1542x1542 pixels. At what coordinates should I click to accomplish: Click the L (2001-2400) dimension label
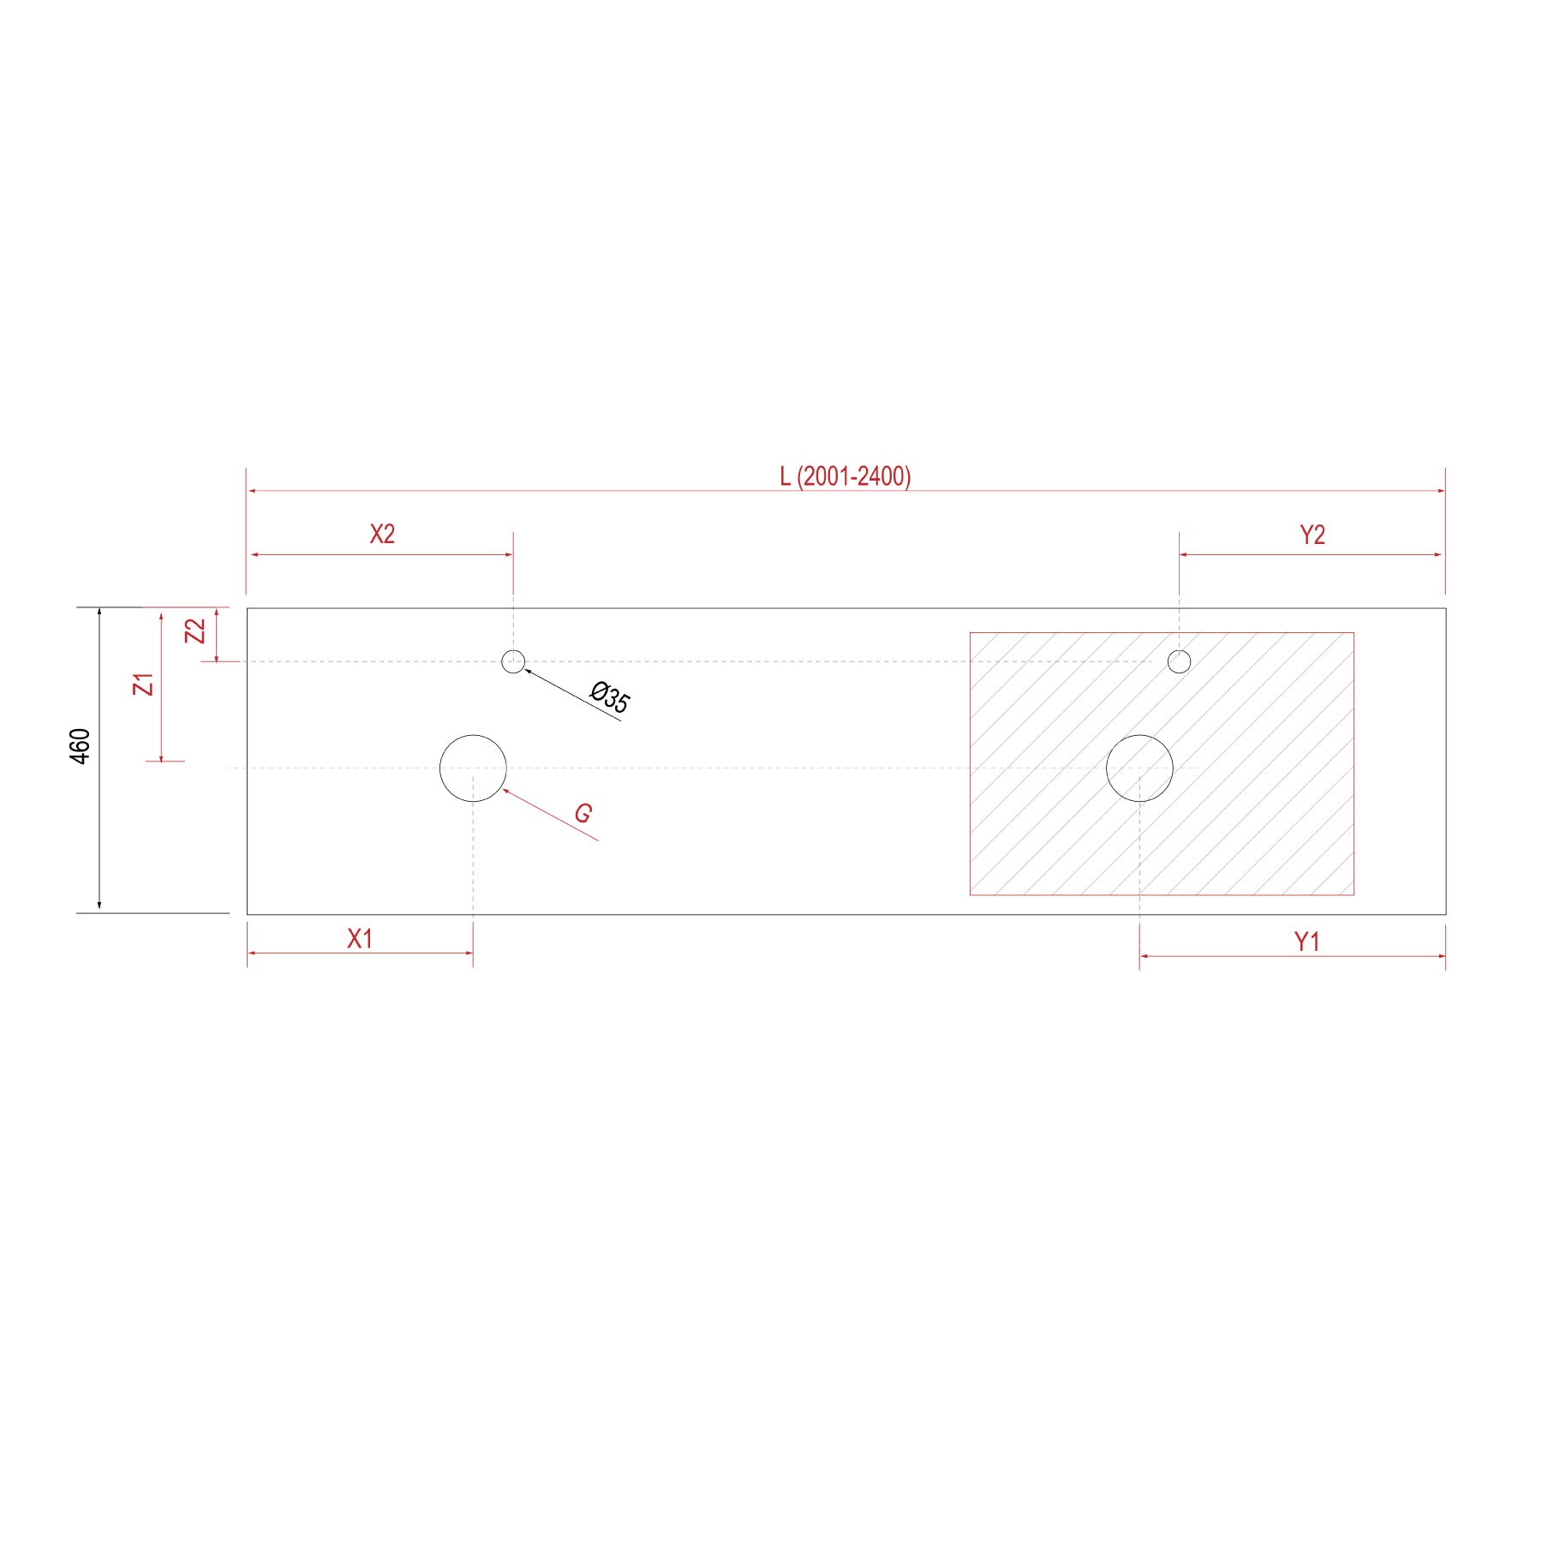[x=845, y=476]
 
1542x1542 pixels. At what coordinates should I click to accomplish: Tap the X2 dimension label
[x=382, y=535]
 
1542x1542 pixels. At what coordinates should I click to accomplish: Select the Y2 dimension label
[x=1312, y=535]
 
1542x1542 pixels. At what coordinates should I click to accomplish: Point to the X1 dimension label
[x=360, y=939]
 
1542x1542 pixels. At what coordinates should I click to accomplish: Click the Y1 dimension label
[x=1306, y=942]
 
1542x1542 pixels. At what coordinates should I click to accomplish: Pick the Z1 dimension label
[x=145, y=684]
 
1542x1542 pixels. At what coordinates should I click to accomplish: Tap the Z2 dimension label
[x=196, y=631]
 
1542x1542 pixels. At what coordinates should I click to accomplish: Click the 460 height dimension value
[x=80, y=746]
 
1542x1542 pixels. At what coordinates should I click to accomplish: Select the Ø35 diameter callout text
[x=611, y=696]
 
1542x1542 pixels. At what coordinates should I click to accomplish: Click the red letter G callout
[x=583, y=813]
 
